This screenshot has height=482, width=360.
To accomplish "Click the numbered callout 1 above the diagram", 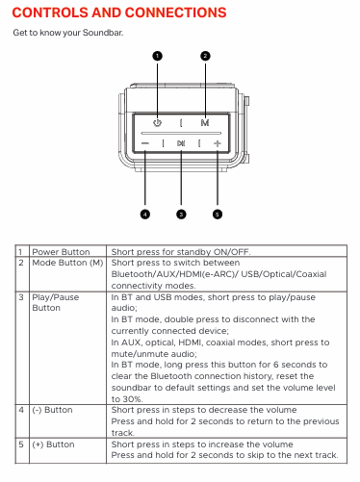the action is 157,56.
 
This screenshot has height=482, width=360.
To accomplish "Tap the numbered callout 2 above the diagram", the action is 205,56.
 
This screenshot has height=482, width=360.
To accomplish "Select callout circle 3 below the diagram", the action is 181,214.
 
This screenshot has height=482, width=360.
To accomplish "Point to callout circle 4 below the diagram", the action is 145,214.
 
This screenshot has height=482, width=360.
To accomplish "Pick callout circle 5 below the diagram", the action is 218,214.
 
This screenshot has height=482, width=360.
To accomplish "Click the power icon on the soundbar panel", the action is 157,123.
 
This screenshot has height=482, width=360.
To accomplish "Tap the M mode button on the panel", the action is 205,123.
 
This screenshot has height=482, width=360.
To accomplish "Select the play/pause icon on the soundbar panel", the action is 181,143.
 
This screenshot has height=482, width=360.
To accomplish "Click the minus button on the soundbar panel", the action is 145,143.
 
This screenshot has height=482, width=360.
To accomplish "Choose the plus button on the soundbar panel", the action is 218,143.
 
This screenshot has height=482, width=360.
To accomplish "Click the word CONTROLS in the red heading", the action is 50,13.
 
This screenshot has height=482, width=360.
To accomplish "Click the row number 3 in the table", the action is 21,297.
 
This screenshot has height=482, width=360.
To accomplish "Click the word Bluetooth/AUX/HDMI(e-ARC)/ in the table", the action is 174,274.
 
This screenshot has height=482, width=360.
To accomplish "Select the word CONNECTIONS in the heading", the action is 175,13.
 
